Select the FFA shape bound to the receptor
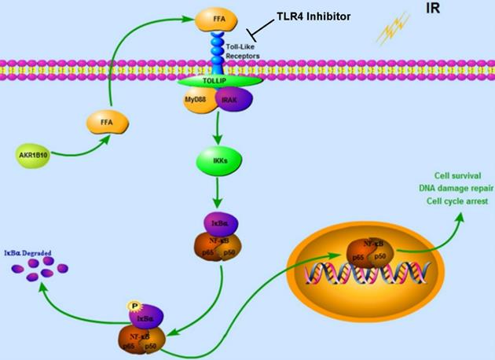pyautogui.click(x=213, y=16)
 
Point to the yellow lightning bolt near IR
pyautogui.click(x=391, y=32)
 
